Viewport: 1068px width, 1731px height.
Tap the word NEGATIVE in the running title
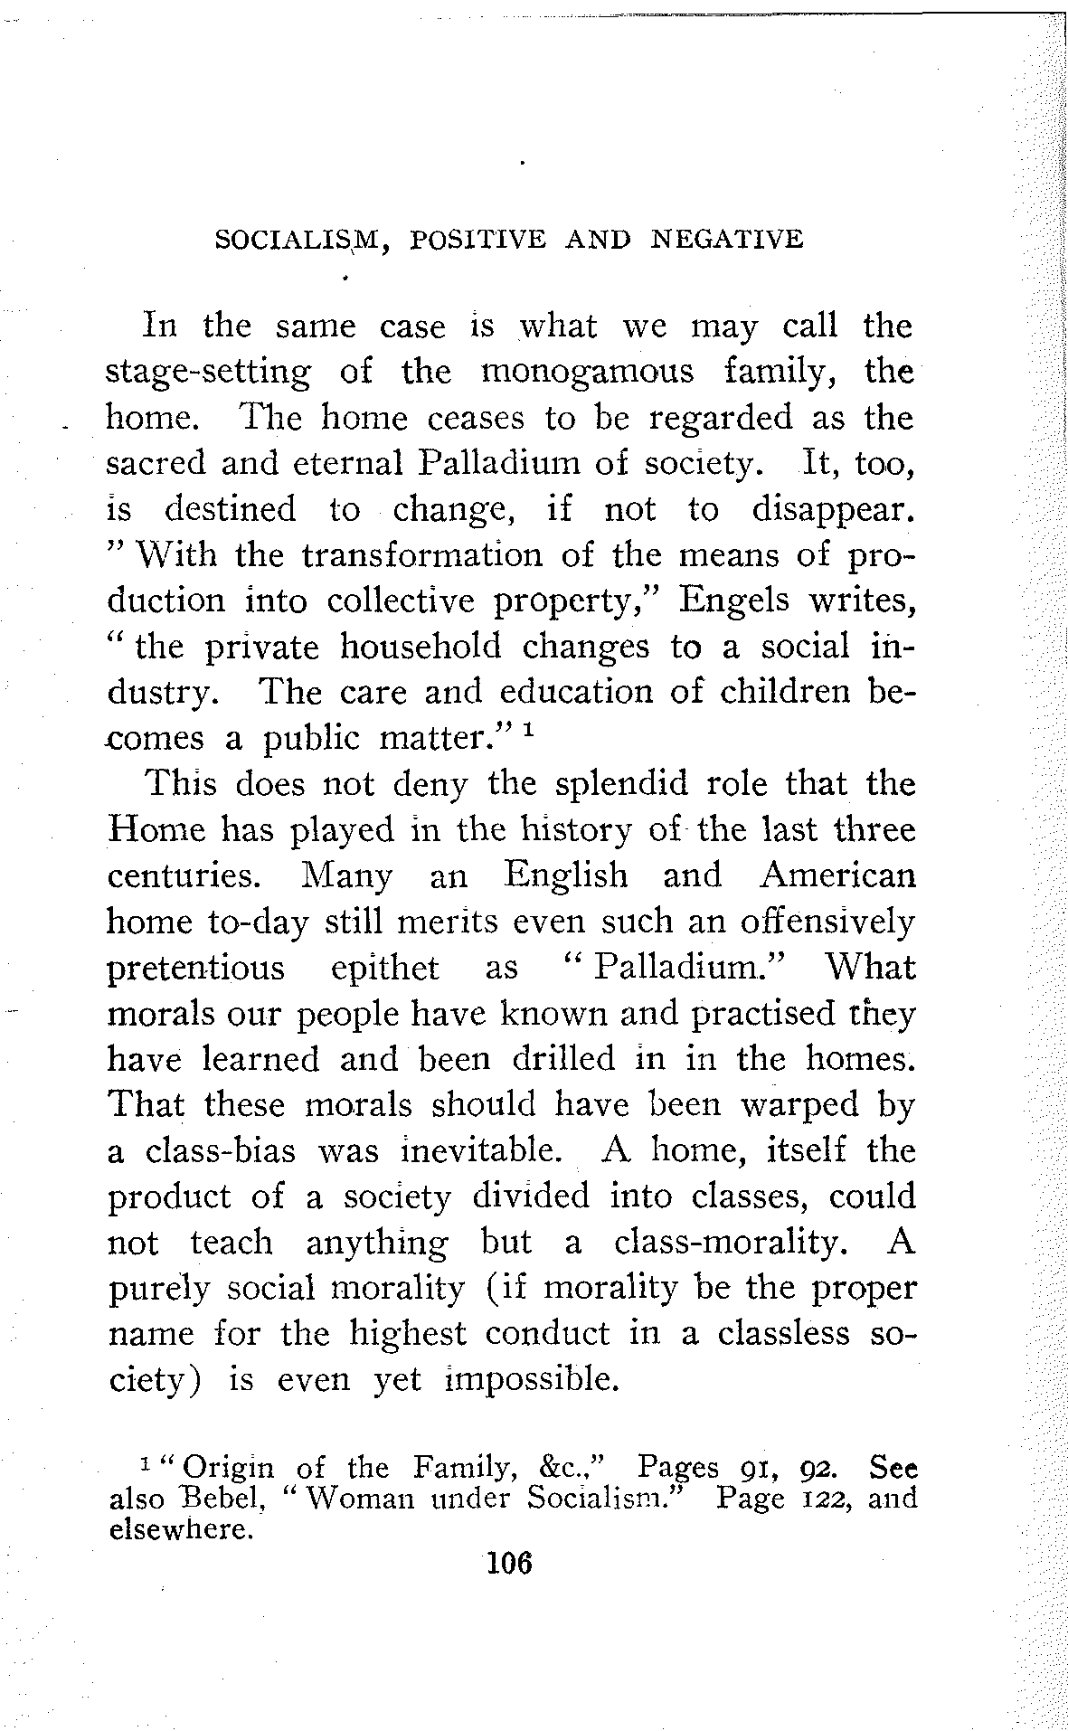click(x=727, y=239)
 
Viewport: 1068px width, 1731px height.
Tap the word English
click(x=565, y=875)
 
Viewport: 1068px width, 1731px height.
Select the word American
click(x=837, y=875)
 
